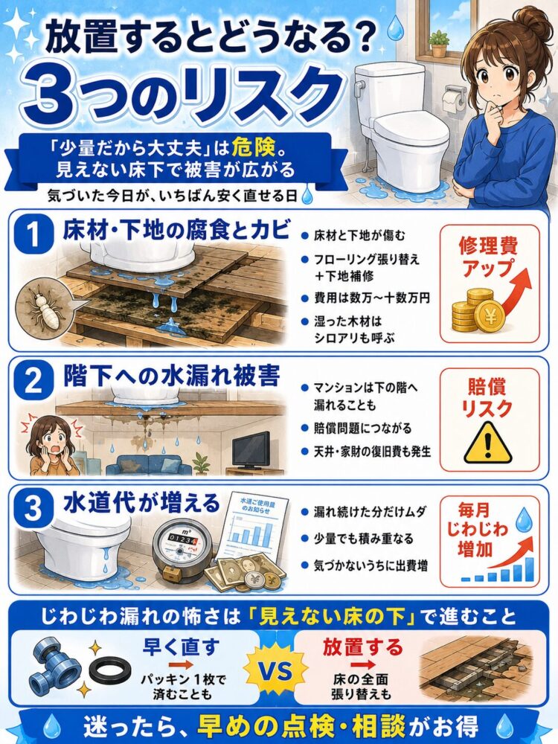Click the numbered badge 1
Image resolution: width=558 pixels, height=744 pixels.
(x=33, y=235)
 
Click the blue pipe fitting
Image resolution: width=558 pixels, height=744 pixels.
(x=57, y=668)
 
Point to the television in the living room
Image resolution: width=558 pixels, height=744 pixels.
(x=251, y=451)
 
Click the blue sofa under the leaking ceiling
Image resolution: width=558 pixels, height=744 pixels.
(x=149, y=464)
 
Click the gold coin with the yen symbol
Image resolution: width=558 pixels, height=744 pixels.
(x=491, y=316)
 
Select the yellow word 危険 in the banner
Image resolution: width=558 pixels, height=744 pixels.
(x=254, y=149)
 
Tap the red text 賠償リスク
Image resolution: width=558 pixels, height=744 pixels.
(x=488, y=397)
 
